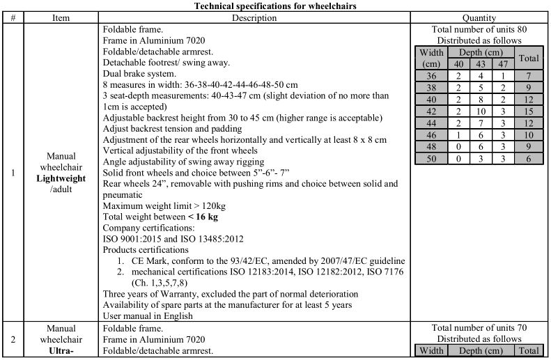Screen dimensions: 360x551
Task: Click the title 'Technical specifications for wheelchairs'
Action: point(275,6)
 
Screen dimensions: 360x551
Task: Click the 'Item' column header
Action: point(61,17)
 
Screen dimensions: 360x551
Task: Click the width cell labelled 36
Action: point(432,75)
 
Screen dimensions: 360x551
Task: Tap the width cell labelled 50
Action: point(432,159)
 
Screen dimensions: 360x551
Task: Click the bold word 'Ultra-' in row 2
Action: point(61,352)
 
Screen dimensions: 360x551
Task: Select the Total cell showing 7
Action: point(529,75)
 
